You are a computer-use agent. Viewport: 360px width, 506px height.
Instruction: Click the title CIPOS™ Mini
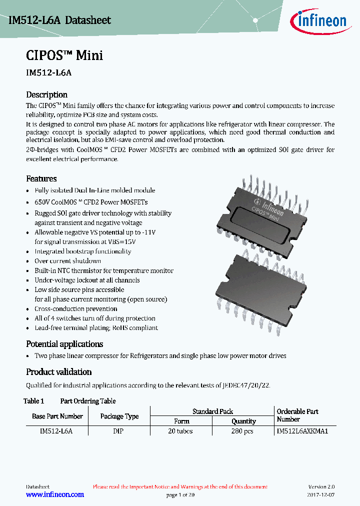pos(64,55)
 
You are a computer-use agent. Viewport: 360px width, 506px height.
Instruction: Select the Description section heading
pos(46,94)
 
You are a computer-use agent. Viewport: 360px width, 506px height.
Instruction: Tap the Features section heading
pos(41,178)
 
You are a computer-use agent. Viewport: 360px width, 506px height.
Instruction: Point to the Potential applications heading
pos(64,344)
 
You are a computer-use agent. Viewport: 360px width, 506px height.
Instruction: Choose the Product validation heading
pos(58,372)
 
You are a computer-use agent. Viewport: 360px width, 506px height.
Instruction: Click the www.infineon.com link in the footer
pos(54,494)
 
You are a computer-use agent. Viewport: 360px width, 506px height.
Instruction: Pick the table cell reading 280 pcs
pos(243,431)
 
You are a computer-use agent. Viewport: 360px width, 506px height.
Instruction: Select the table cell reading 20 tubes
pos(180,431)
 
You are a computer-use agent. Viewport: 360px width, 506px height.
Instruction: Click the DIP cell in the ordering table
pos(118,431)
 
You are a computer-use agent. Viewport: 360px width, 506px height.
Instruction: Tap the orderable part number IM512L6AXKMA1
pos(302,431)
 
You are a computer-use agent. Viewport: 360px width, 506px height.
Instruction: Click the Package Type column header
pos(119,416)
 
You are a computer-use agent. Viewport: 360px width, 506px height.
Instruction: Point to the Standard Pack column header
pos(212,411)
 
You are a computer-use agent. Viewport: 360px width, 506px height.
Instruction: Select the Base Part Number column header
pos(57,416)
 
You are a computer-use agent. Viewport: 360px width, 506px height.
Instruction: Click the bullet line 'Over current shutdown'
pos(67,261)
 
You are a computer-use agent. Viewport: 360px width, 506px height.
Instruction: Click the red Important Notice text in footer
pos(180,486)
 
